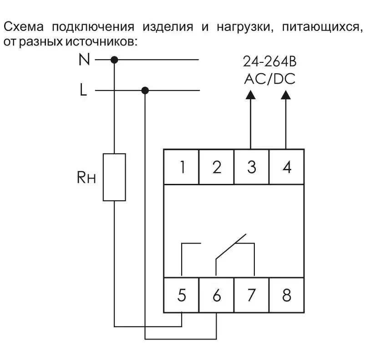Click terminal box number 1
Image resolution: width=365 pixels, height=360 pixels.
[181, 167]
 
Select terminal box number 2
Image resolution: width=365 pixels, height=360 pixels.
[217, 167]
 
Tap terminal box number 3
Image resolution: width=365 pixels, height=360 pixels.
[252, 167]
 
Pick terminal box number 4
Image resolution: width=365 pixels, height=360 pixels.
[287, 167]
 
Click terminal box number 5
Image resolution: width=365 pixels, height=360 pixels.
[181, 295]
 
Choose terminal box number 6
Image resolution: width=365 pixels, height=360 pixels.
[217, 295]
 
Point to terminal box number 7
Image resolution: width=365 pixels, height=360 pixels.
[252, 295]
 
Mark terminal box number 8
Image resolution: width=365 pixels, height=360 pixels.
[287, 295]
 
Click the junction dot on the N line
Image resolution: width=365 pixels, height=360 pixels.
[114, 60]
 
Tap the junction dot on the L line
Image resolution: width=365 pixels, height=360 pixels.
[145, 91]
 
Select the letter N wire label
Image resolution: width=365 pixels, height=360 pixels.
[84, 60]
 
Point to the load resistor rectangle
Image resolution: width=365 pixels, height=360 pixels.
[114, 177]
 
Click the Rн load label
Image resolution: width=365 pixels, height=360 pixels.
[86, 177]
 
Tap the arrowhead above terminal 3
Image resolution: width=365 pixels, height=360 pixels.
[250, 95]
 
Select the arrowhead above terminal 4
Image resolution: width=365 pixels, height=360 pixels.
[286, 95]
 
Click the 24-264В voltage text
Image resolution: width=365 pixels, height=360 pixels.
[269, 62]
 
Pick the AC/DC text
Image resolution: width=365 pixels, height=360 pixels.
[269, 79]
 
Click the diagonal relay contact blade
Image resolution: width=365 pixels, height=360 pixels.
[231, 246]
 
